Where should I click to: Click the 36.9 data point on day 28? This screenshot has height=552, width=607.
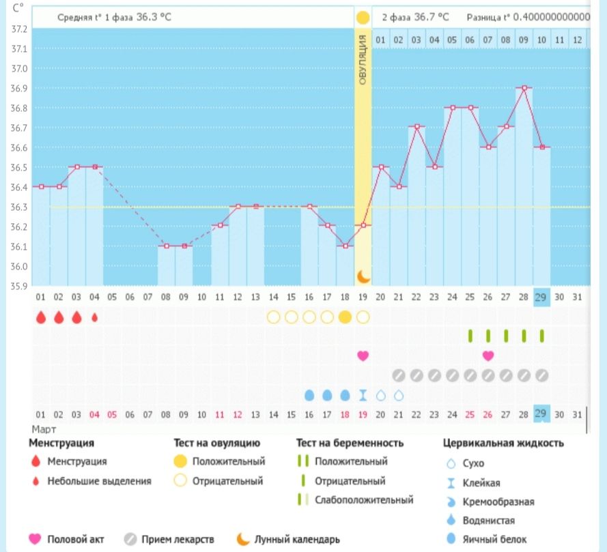coord(524,87)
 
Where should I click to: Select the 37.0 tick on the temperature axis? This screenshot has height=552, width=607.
coord(20,69)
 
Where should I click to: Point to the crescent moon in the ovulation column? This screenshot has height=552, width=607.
coord(363,276)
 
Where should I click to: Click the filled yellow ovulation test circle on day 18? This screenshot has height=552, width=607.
coord(345,317)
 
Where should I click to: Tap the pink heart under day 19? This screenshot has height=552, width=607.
coord(363,355)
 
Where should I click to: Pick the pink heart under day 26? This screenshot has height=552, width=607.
coord(488,355)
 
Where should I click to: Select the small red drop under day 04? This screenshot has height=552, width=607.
coord(94,317)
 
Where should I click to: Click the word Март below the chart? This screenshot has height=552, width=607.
coord(44,429)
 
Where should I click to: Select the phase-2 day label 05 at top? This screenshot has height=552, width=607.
coord(451,40)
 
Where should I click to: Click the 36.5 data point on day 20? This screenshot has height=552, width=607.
coord(381,166)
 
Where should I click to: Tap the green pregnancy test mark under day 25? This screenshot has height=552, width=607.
coord(470,336)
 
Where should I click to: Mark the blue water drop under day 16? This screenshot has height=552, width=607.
coord(309,395)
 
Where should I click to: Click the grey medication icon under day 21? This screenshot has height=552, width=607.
coord(399,375)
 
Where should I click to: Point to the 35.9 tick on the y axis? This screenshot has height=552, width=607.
coord(20,285)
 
